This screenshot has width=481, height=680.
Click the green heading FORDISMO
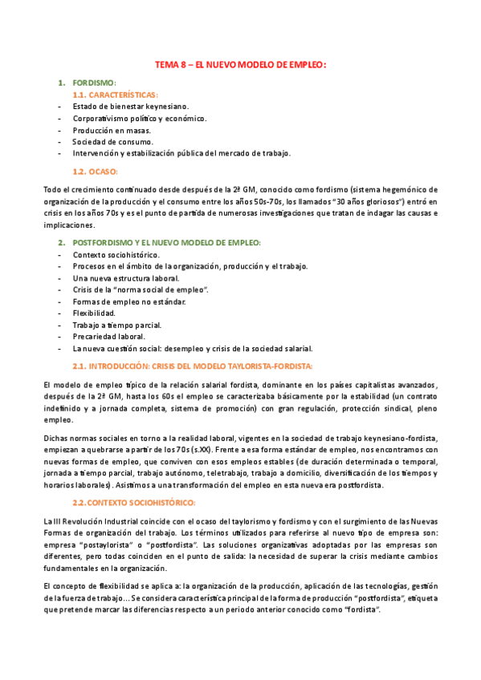[94, 83]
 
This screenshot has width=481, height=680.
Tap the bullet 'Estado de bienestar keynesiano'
[130, 106]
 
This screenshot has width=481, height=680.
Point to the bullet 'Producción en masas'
[111, 130]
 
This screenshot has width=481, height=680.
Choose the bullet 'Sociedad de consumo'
[112, 142]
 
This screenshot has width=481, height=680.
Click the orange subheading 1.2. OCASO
[96, 172]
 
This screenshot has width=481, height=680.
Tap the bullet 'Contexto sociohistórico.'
[116, 254]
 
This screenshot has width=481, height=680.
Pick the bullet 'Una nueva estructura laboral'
[125, 277]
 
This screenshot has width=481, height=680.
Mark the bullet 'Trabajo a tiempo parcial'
[117, 325]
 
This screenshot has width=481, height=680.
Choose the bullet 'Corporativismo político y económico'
[140, 118]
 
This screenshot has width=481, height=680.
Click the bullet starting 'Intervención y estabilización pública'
[181, 153]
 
